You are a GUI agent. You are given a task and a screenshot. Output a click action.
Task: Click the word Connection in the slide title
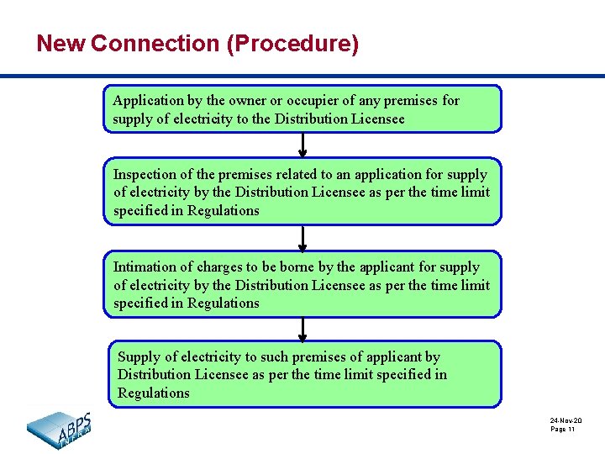pyautogui.click(x=155, y=43)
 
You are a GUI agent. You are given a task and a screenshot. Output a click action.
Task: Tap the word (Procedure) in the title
pyautogui.click(x=292, y=43)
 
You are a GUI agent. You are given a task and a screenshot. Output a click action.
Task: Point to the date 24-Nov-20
pyautogui.click(x=566, y=420)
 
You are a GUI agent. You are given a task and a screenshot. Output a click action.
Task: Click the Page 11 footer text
pyautogui.click(x=563, y=430)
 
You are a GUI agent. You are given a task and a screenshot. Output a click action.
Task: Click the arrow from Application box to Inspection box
pyautogui.click(x=302, y=145)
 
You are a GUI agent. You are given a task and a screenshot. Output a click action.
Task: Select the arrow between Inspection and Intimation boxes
pyautogui.click(x=302, y=237)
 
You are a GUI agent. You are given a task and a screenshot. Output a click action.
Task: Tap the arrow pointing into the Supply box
pyautogui.click(x=302, y=329)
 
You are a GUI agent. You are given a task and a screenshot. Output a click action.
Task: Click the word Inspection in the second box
pyautogui.click(x=144, y=175)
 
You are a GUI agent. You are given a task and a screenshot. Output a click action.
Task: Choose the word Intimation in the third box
pyautogui.click(x=145, y=267)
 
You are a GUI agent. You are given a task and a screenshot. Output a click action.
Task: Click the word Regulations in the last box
pyautogui.click(x=154, y=393)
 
